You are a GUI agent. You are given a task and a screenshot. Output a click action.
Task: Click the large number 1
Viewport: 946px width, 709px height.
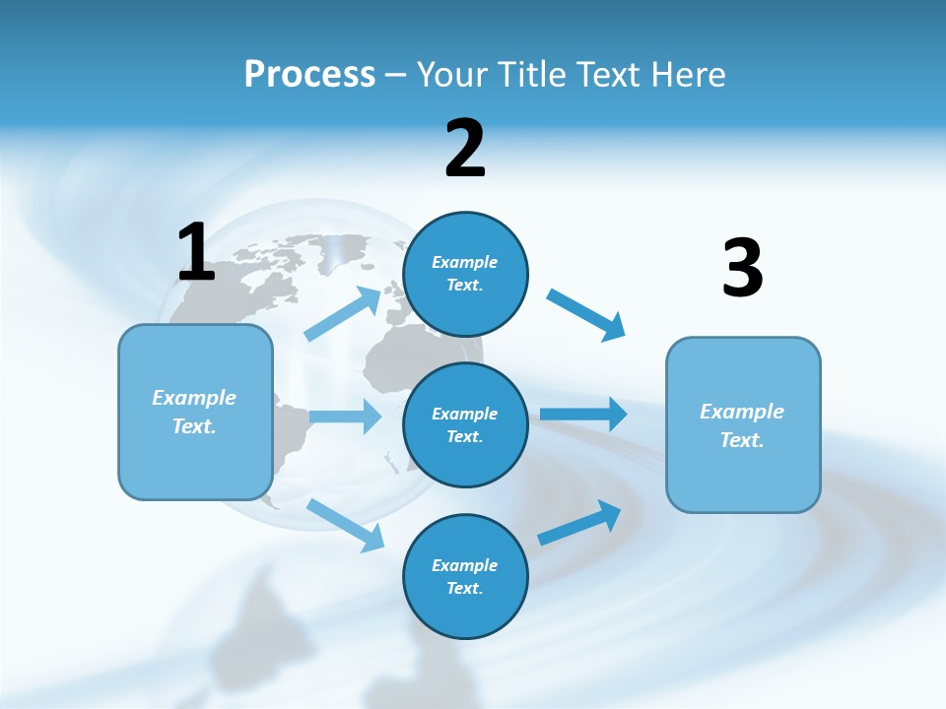point(196,252)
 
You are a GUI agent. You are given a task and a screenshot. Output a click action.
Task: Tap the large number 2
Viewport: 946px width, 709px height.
point(465,149)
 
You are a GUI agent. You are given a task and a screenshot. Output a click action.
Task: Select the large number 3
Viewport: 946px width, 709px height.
point(742,268)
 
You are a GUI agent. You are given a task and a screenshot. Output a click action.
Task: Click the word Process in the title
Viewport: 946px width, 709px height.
point(309,74)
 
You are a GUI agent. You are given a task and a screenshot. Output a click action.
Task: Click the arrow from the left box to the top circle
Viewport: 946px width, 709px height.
point(343,314)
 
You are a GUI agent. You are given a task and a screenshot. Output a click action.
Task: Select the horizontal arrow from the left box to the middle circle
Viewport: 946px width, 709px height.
point(345,417)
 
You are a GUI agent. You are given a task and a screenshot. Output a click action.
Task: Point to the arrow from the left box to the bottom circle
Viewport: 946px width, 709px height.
point(346,524)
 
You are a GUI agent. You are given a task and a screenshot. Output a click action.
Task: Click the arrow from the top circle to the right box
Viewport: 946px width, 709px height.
point(586,314)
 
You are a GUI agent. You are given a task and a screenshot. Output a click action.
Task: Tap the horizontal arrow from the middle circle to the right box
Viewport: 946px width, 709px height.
point(583,414)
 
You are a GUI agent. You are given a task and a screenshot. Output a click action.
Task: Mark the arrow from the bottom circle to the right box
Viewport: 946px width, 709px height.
point(579,523)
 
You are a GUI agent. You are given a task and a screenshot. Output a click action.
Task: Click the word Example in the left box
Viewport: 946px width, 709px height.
point(194,398)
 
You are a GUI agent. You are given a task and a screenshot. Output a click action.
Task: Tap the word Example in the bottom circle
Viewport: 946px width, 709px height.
point(464,565)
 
